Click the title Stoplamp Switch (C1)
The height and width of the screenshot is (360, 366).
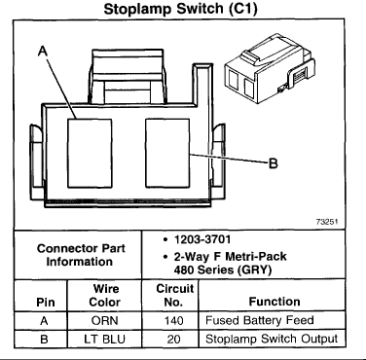coord(180,9)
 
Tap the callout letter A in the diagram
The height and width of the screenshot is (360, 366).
coord(43,52)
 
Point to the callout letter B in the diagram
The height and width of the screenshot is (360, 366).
coord(274,163)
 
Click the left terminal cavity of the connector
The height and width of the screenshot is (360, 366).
coord(90,153)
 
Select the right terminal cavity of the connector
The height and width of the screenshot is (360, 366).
coord(167,153)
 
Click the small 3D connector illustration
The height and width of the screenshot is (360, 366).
coord(270,68)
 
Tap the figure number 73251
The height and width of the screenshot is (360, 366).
coord(327,222)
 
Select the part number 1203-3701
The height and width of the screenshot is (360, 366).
coord(202,239)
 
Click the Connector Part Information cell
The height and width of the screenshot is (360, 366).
coord(81,255)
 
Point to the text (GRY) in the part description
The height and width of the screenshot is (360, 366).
coord(254,270)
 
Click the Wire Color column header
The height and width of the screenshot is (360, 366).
coord(105,295)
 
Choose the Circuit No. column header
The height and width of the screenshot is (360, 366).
coord(174,295)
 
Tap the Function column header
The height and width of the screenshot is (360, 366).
coord(274,302)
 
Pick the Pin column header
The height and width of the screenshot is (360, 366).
coord(46,303)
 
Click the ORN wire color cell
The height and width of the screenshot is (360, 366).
coord(105,321)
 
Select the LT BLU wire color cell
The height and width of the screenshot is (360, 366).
coord(104,340)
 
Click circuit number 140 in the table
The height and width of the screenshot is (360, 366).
coord(174,321)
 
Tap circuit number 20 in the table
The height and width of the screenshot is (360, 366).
coord(173,340)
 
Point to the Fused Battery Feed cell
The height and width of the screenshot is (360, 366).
coord(260,320)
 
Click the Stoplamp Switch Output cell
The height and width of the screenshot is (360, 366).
coord(272,340)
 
